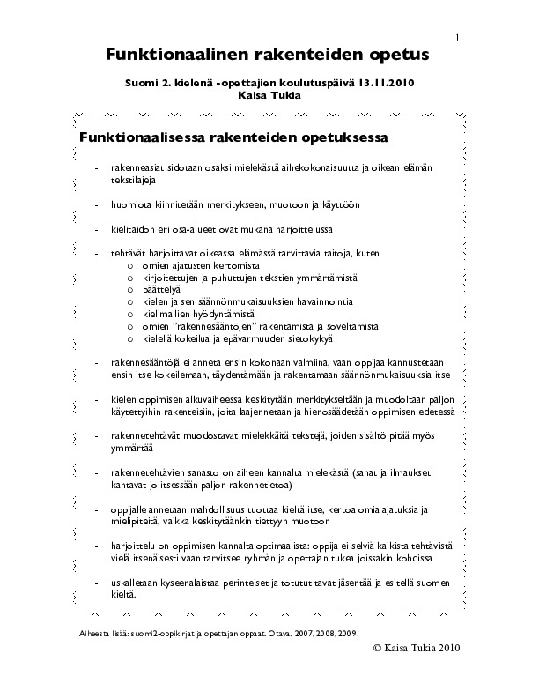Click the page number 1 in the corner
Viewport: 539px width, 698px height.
tap(458, 38)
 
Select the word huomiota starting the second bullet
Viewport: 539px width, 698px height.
tap(131, 204)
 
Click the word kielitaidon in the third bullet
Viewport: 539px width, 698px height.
tap(132, 228)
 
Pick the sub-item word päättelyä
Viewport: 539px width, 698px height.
tap(160, 289)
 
